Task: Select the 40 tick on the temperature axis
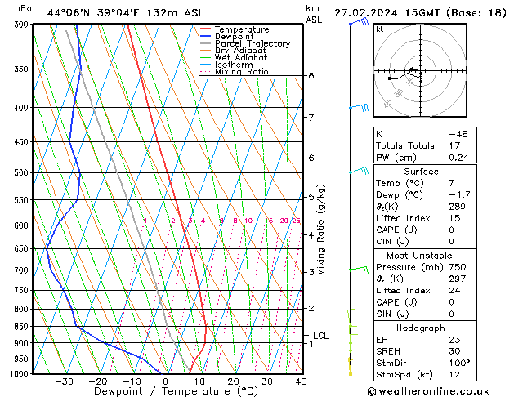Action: point(301,381)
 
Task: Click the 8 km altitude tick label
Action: point(311,76)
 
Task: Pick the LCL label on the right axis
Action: point(320,336)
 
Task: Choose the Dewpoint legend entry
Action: point(235,37)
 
